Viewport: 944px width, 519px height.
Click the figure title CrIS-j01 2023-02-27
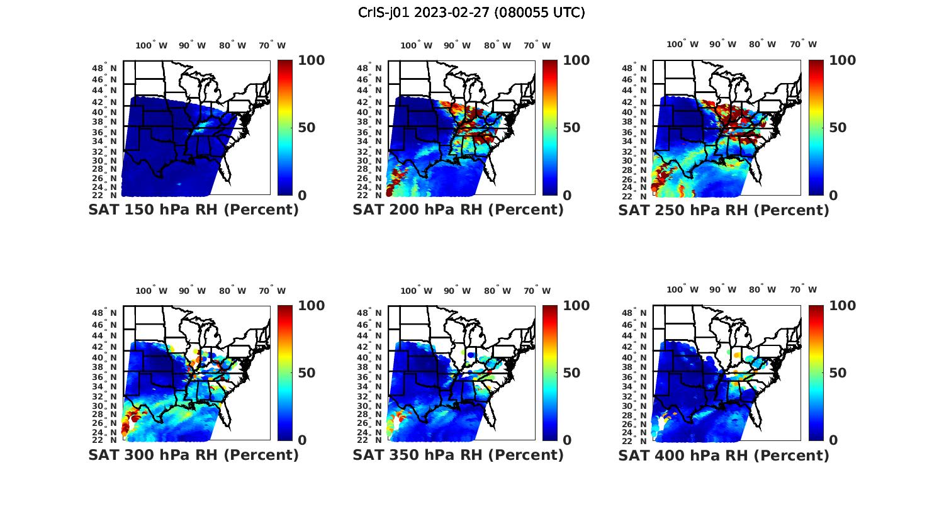click(471, 13)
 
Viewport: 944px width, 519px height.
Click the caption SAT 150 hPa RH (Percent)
click(193, 210)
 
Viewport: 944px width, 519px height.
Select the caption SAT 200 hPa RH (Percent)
click(458, 210)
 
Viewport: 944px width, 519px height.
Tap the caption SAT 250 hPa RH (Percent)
click(724, 210)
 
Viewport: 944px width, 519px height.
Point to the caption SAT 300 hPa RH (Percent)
click(193, 455)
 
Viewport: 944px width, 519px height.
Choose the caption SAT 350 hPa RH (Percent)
click(458, 455)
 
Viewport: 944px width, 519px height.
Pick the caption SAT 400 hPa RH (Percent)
click(724, 455)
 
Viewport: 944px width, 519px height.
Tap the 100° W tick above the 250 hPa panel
click(682, 45)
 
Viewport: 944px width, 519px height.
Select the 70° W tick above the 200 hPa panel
click(537, 45)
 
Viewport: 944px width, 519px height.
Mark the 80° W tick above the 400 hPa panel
click(762, 290)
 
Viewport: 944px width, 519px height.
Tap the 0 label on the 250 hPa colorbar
click(833, 195)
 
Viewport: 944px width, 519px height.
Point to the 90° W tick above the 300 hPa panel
click(192, 291)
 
